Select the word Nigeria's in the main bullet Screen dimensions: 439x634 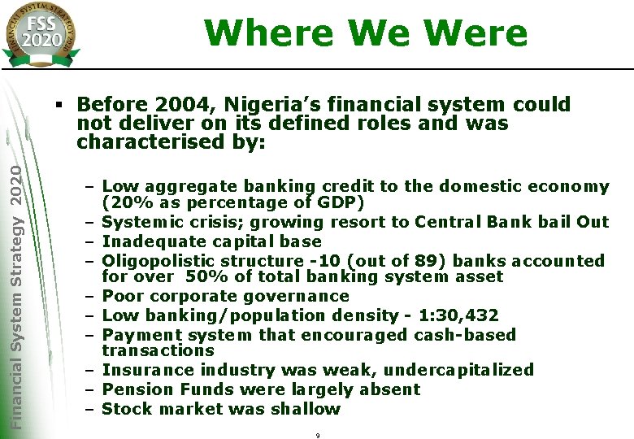[x=256, y=105]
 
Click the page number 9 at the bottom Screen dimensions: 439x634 [x=317, y=436]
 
